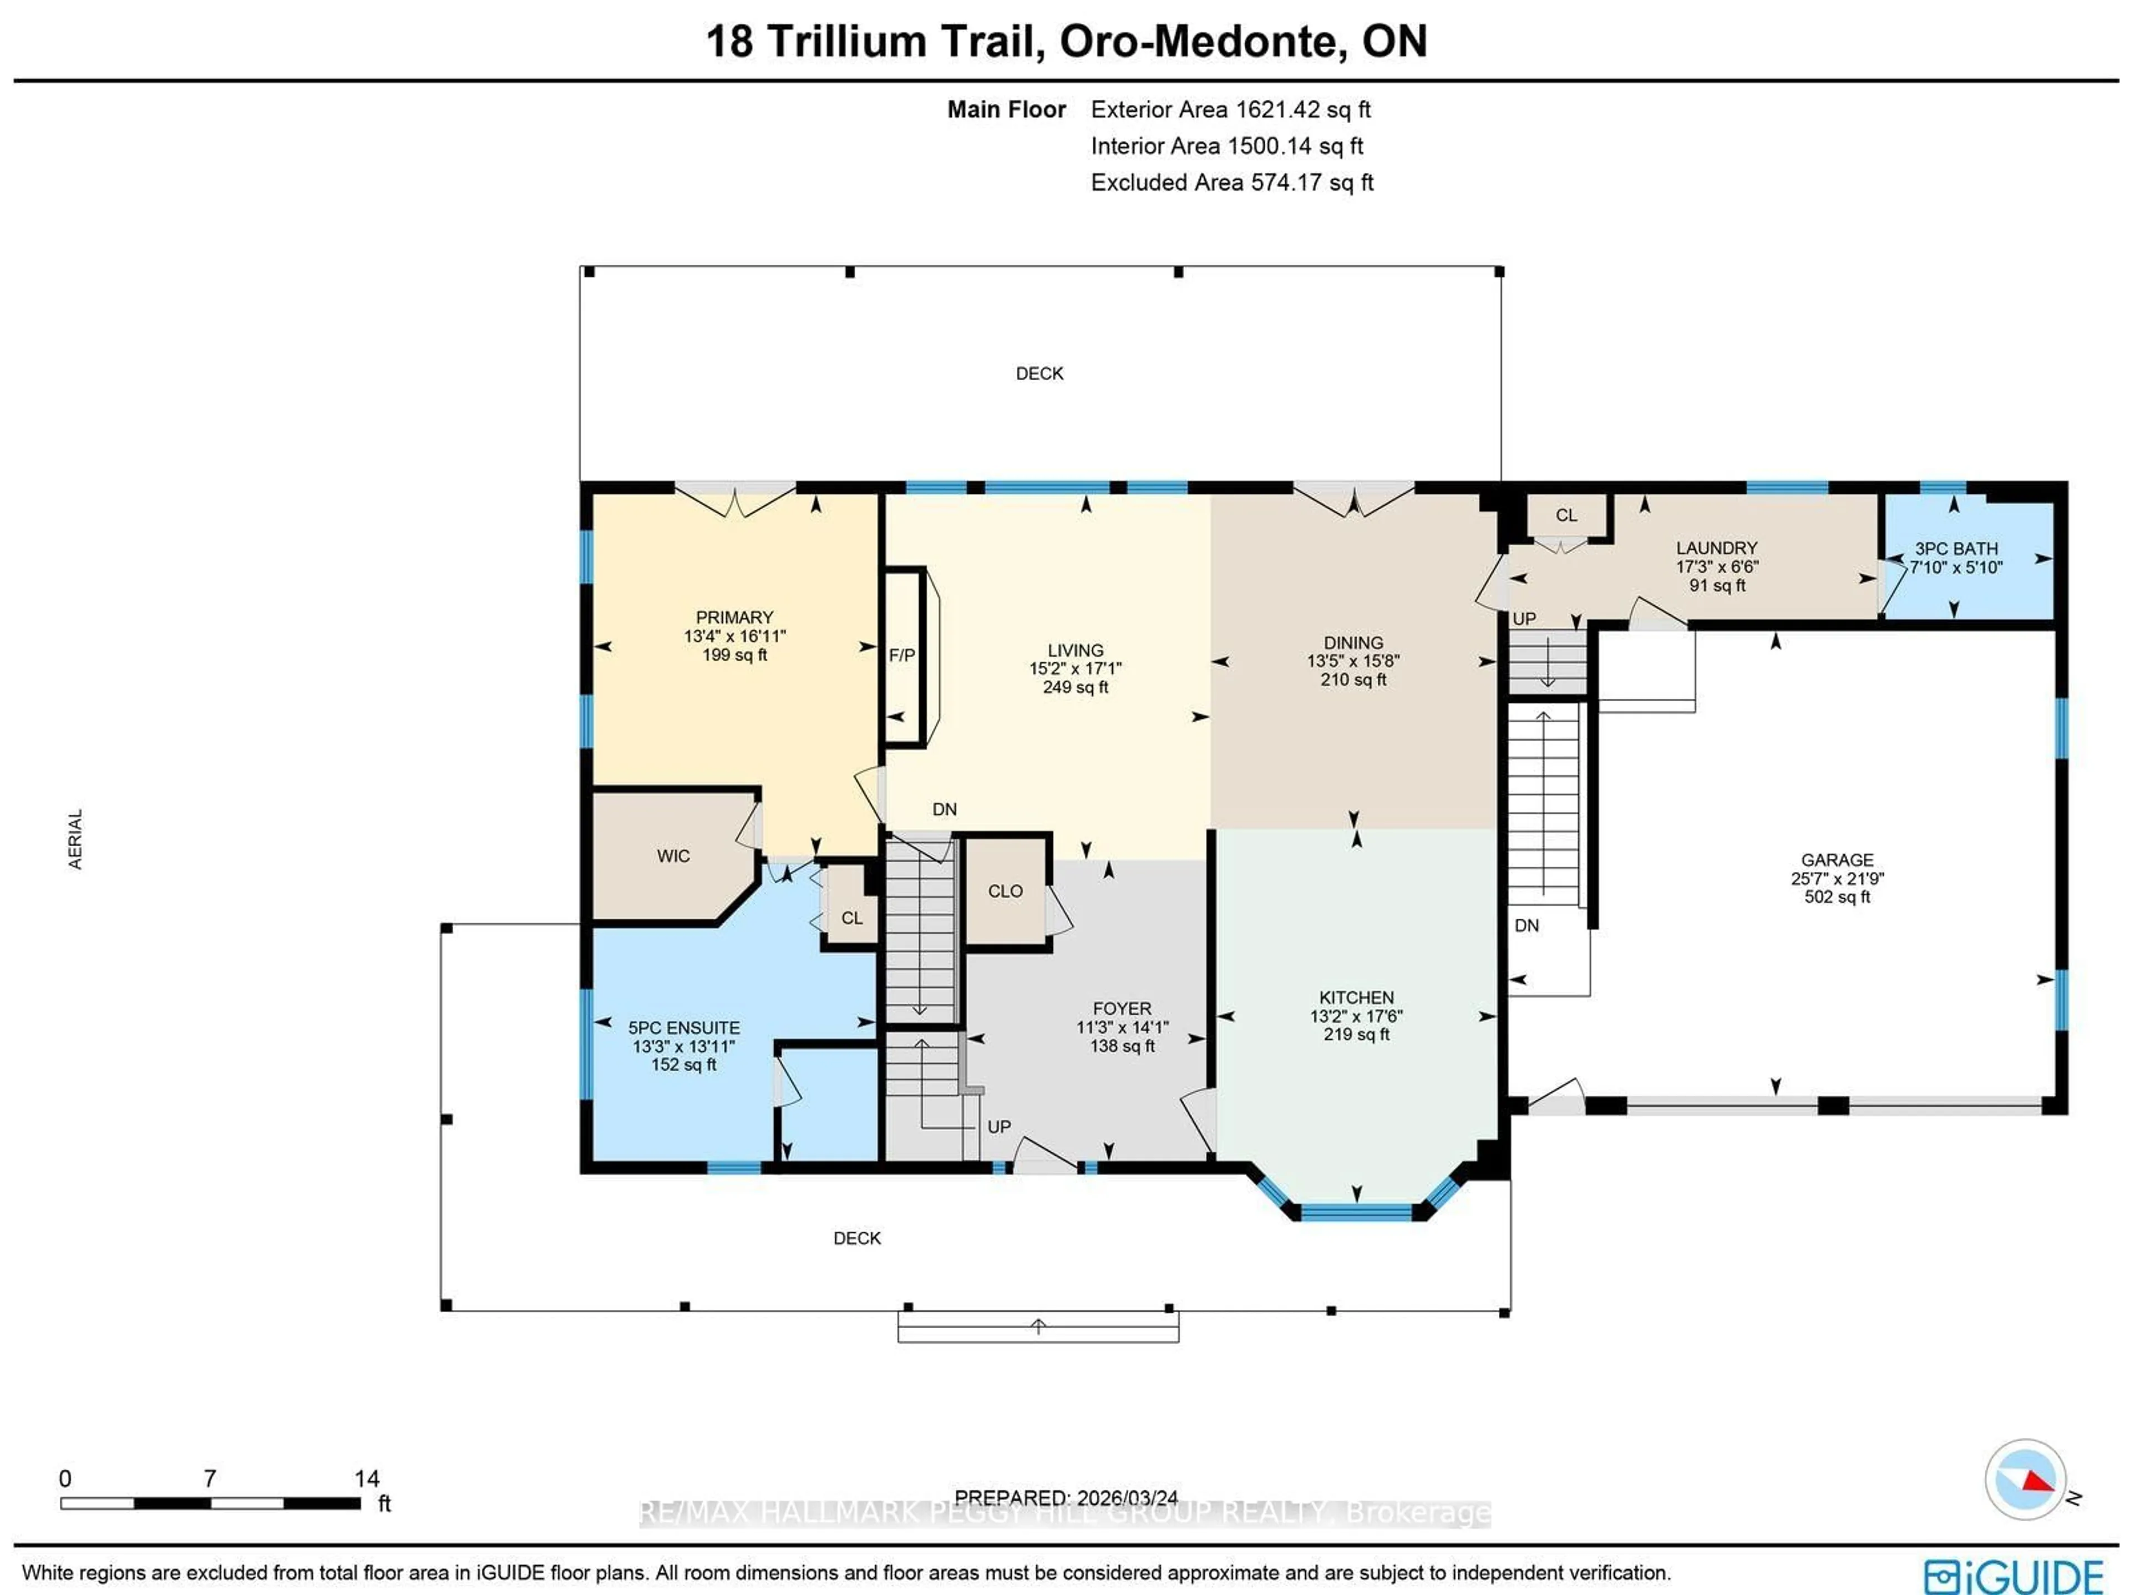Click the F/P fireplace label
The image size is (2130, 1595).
click(901, 655)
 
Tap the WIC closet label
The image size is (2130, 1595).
click(673, 855)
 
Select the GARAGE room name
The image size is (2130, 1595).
click(1837, 859)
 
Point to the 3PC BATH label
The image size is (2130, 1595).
click(1956, 548)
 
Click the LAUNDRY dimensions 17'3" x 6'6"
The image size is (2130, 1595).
click(1717, 566)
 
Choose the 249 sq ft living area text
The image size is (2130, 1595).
click(1076, 687)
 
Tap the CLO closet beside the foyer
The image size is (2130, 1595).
click(1005, 891)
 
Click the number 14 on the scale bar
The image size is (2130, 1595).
click(367, 1477)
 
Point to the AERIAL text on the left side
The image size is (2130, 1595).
click(75, 838)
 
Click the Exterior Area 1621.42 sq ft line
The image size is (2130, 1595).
click(1231, 110)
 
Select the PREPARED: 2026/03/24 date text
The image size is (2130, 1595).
click(1066, 1498)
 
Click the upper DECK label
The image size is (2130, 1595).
click(1039, 373)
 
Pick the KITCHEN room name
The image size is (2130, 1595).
click(1356, 997)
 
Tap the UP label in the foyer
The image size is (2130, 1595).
click(998, 1126)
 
